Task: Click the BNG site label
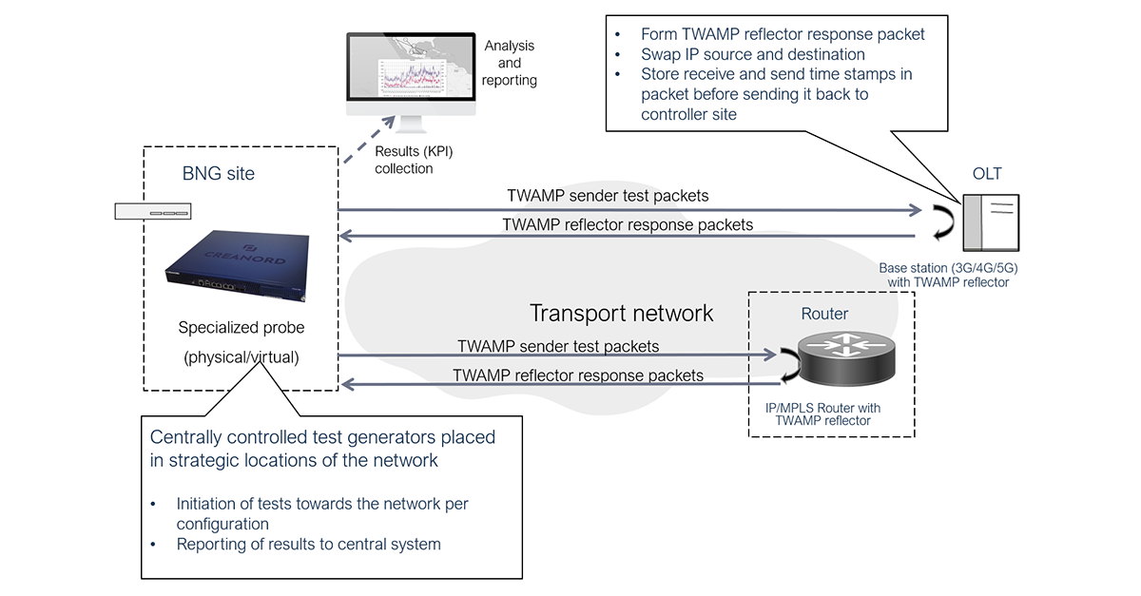click(219, 174)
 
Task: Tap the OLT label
click(986, 174)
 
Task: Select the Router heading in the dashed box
click(824, 314)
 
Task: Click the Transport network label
click(621, 313)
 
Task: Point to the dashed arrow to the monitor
click(367, 143)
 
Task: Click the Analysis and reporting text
click(510, 63)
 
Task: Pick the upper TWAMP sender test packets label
click(608, 196)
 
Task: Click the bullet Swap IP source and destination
click(752, 54)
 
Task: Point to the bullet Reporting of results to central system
click(308, 545)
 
